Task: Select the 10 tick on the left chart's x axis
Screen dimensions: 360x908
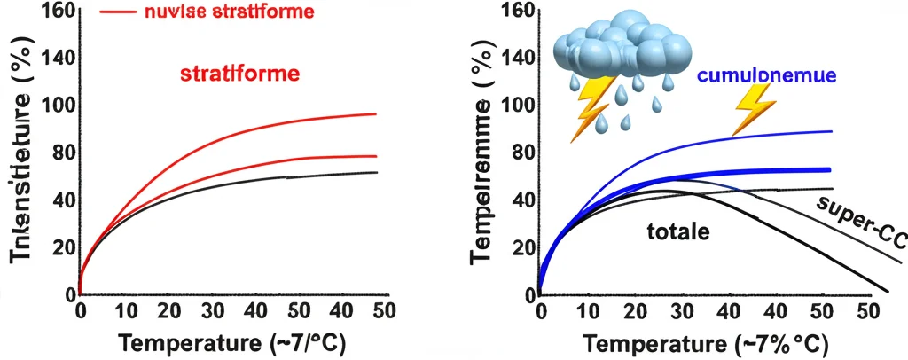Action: [x=129, y=311]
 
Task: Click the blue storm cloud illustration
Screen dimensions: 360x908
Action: [x=621, y=49]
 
